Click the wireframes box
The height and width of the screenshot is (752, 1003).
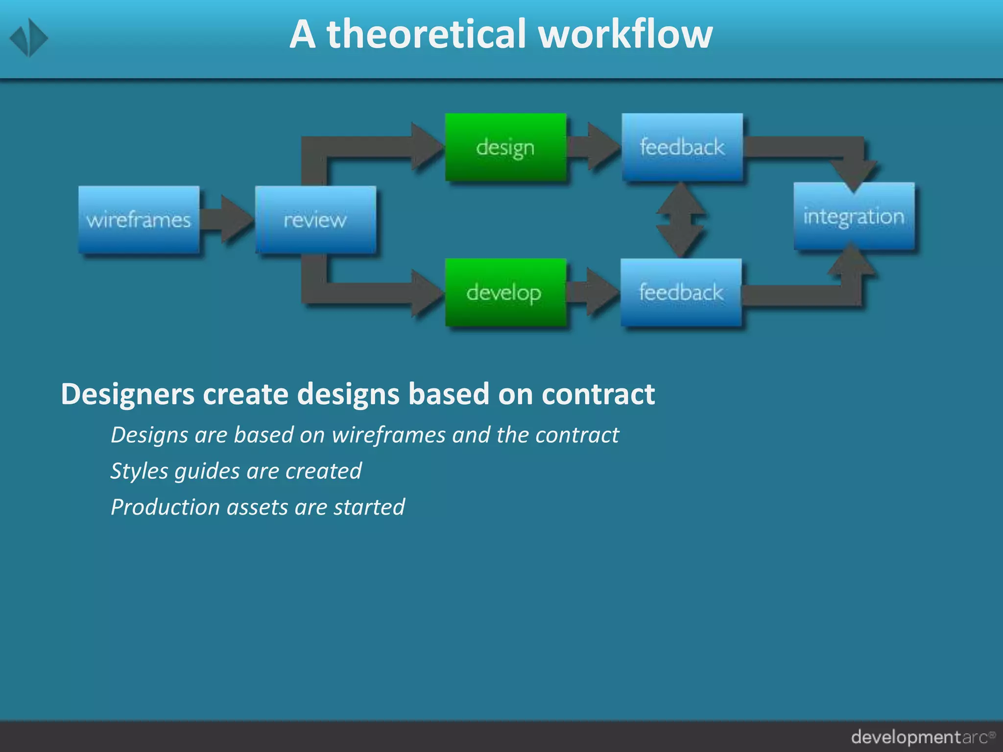(139, 219)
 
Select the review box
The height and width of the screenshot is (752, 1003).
(315, 219)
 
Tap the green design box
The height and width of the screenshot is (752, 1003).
(505, 147)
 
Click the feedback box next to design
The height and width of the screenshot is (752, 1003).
(682, 147)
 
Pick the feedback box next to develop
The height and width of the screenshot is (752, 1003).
(681, 292)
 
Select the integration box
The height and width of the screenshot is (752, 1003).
(854, 216)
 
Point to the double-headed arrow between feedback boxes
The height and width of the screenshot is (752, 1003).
(681, 219)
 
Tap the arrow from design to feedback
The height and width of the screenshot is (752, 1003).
(594, 147)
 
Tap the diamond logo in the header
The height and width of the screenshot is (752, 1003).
(29, 38)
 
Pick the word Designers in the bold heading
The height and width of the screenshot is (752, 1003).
(127, 394)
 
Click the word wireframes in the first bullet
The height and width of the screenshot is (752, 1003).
(388, 435)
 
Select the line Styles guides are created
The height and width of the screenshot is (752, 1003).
(236, 471)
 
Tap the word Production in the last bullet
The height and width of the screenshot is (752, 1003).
(165, 507)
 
